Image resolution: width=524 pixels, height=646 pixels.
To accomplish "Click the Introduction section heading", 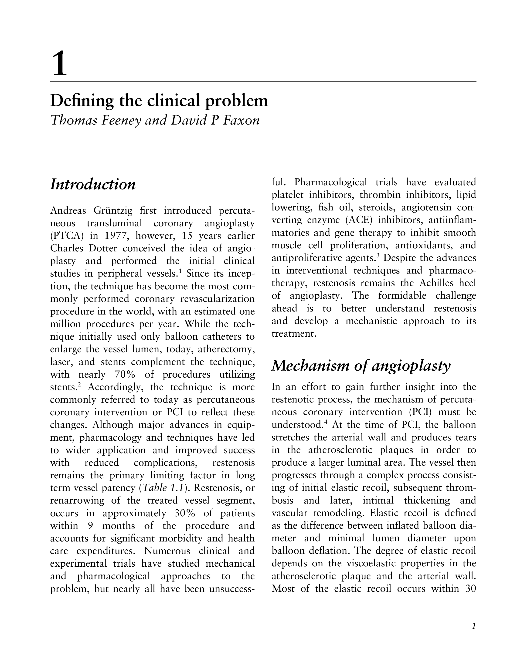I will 93,184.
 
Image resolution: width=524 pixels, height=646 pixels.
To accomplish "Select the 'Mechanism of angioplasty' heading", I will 361,366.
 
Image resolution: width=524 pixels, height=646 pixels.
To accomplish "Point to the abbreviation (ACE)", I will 359,220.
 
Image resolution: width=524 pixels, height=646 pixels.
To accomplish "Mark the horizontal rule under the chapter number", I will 263,82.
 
